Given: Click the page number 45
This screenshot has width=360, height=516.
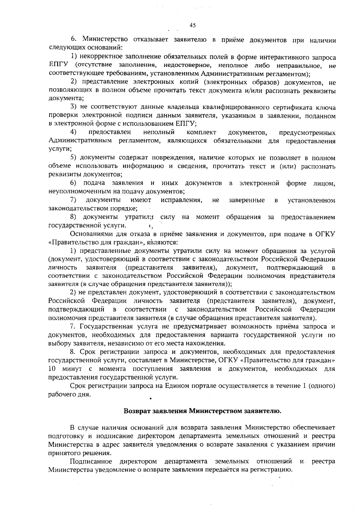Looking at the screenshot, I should click(193, 25).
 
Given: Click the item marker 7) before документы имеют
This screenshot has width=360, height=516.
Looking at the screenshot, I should click(73, 200).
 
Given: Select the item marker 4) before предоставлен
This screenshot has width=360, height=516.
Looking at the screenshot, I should click(73, 132).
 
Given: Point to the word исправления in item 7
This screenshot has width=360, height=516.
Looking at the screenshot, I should click(181, 200).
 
